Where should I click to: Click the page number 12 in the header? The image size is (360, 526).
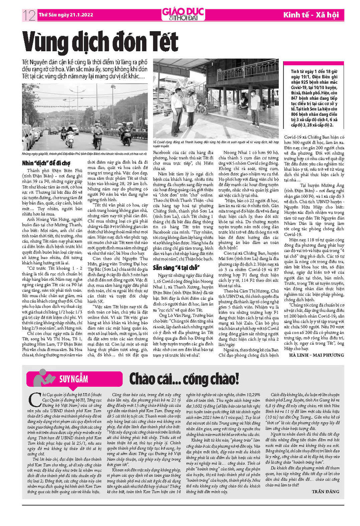29,16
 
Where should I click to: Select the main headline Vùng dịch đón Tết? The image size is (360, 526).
100,42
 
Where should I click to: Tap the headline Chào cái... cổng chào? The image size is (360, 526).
184,378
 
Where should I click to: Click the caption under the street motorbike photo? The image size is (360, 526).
85,153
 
